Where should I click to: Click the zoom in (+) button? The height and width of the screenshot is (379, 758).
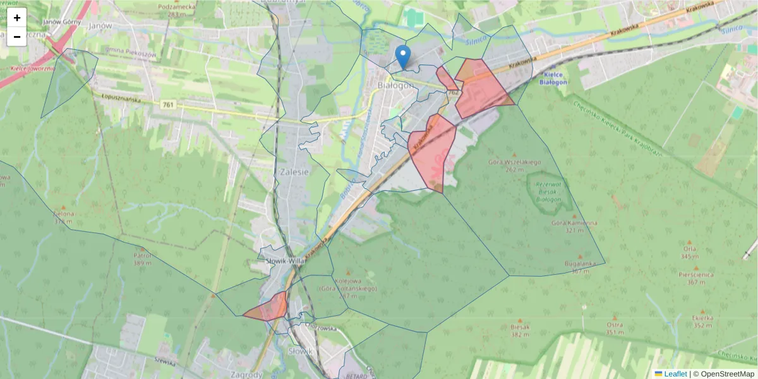click(17, 18)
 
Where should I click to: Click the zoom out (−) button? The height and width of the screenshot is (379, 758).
click(17, 37)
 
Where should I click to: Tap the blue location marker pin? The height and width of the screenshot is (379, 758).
click(402, 56)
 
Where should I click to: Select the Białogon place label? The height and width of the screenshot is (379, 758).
click(395, 85)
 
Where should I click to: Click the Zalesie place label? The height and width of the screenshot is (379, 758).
click(294, 171)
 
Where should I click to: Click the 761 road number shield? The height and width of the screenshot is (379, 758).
click(167, 105)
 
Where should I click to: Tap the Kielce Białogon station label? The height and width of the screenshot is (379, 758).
click(555, 78)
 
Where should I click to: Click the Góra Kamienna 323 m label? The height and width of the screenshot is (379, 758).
click(574, 226)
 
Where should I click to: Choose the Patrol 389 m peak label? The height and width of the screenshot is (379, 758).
click(142, 260)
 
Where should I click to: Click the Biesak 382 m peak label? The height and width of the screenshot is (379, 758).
click(520, 330)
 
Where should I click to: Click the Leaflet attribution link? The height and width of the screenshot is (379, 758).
click(675, 374)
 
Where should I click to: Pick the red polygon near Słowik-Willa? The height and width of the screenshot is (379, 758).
click(268, 308)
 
